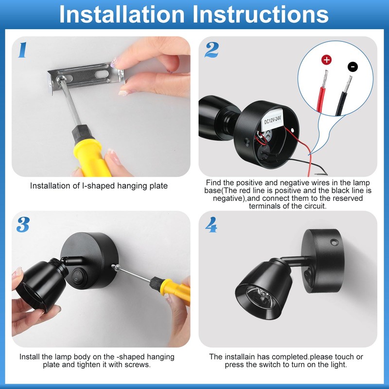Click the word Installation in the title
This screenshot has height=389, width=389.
122,15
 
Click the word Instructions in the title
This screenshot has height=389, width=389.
261,15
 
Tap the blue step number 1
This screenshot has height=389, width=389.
22,50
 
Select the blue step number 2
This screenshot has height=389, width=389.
212,50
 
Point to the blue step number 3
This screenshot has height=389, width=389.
23,225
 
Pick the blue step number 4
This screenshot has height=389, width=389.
211,225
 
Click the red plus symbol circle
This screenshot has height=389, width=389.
326,60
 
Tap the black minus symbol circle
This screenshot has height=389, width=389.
353,67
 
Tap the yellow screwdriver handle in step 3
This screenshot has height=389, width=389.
176,291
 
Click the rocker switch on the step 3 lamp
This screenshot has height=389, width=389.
77,276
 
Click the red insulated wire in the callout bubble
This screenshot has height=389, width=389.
321,100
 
